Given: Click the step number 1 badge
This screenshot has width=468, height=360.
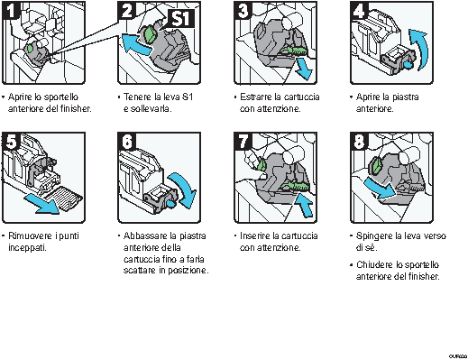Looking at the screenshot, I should pos(11,12).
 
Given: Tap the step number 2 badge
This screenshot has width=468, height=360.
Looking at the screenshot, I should pos(127,12).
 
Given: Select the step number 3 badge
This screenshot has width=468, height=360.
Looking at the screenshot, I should pos(243,12).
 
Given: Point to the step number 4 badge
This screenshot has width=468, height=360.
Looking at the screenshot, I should pos(359,12).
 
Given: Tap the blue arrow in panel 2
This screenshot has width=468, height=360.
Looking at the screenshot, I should pos(133,44).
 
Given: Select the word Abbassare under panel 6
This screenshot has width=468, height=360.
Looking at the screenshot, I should pos(143,236).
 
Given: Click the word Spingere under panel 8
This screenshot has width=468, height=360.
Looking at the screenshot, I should pos(371,236).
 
